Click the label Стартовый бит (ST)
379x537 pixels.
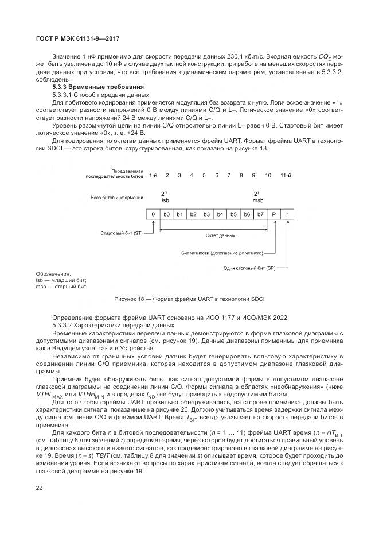[x=121, y=234]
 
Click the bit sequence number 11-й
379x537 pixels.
[x=287, y=175]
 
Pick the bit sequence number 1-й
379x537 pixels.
[x=153, y=175]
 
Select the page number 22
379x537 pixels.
[x=40, y=488]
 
